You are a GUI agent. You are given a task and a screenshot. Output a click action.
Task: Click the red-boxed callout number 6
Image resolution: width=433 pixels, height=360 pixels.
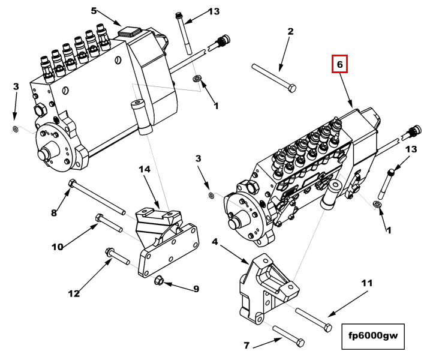click(x=339, y=64)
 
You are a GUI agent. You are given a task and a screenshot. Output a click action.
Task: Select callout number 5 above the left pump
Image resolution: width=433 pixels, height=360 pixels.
click(x=94, y=10)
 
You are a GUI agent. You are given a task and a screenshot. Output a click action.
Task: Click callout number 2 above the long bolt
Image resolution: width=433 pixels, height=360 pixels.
click(x=290, y=31)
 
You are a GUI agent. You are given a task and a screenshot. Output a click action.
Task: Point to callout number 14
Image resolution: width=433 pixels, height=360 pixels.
click(x=145, y=170)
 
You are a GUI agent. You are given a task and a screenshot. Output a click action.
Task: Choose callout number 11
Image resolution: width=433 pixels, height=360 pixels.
click(x=366, y=281)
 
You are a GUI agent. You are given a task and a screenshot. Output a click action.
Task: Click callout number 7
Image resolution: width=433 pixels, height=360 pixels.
click(x=246, y=346)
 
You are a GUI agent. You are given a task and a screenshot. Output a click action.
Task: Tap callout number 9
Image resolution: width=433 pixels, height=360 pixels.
click(x=196, y=289)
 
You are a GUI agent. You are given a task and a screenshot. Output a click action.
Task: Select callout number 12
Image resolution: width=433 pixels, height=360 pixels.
click(x=74, y=293)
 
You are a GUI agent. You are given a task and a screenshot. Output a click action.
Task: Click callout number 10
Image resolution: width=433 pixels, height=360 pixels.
click(x=57, y=247)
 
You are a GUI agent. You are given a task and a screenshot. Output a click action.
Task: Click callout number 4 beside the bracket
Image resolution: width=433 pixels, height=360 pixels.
click(x=215, y=242)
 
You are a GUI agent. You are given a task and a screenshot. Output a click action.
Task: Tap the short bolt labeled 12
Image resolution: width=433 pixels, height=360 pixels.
click(x=117, y=256)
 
